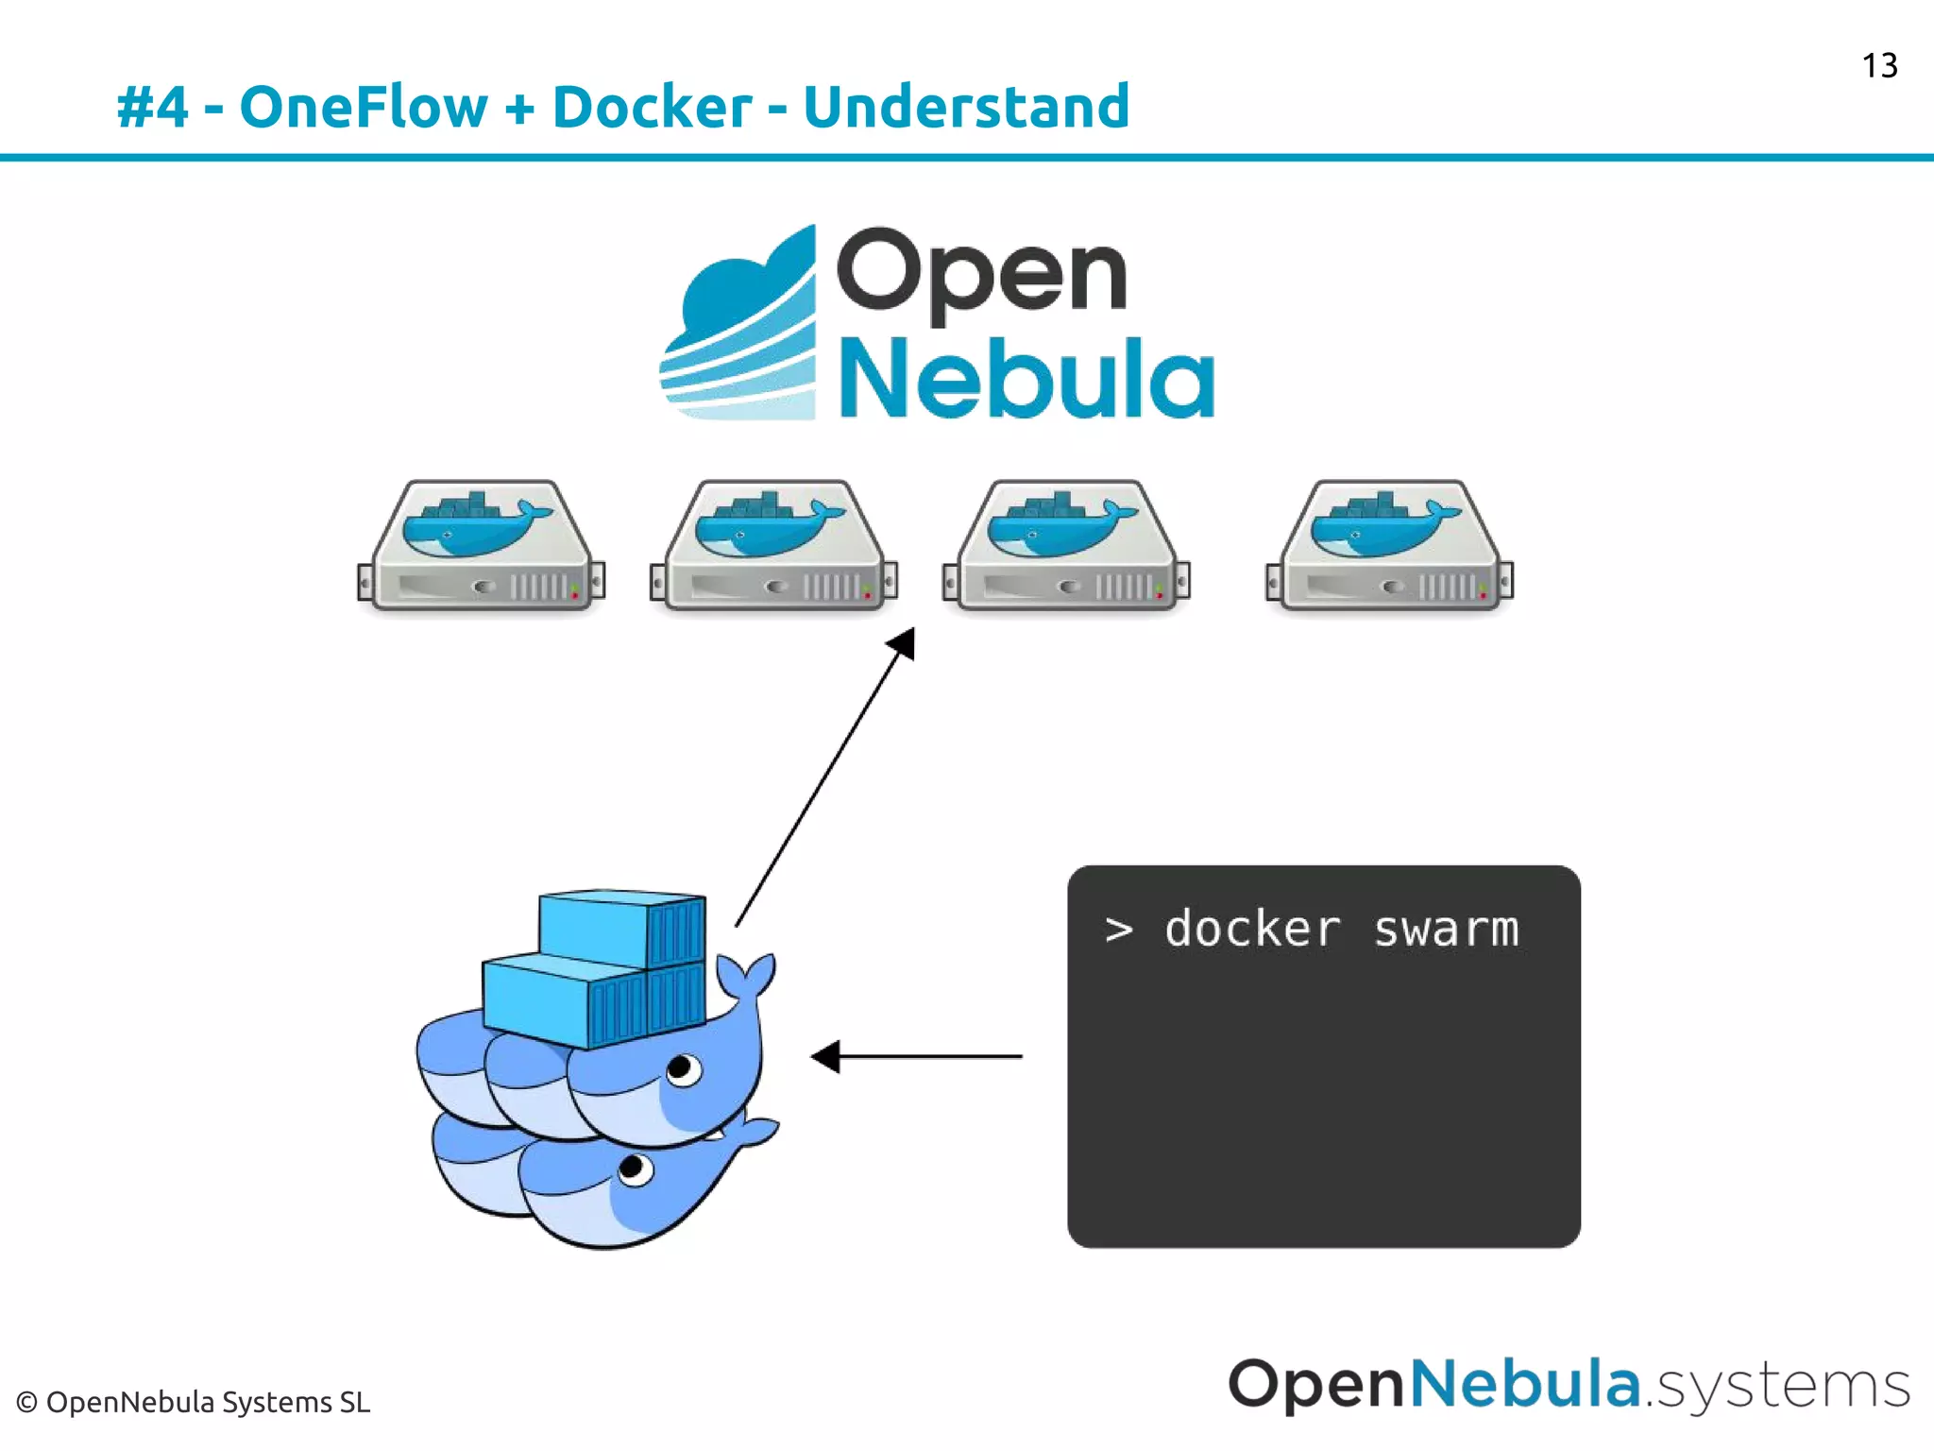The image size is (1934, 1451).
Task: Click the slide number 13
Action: pos(1878,66)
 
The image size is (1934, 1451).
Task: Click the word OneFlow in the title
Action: pos(363,106)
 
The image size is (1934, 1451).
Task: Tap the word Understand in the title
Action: pos(966,106)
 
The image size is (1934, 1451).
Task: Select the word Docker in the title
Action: pos(652,106)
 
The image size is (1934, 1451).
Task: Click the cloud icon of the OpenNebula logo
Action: pos(742,326)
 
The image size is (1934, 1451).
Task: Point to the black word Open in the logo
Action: pos(982,272)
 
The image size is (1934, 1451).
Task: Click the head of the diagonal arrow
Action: pos(903,644)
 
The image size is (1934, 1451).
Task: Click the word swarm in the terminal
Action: pos(1446,930)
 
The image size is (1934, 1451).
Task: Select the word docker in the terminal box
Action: pos(1252,930)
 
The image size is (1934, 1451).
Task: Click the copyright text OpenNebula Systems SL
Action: pos(194,1402)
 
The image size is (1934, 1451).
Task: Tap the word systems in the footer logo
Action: pos(1783,1387)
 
